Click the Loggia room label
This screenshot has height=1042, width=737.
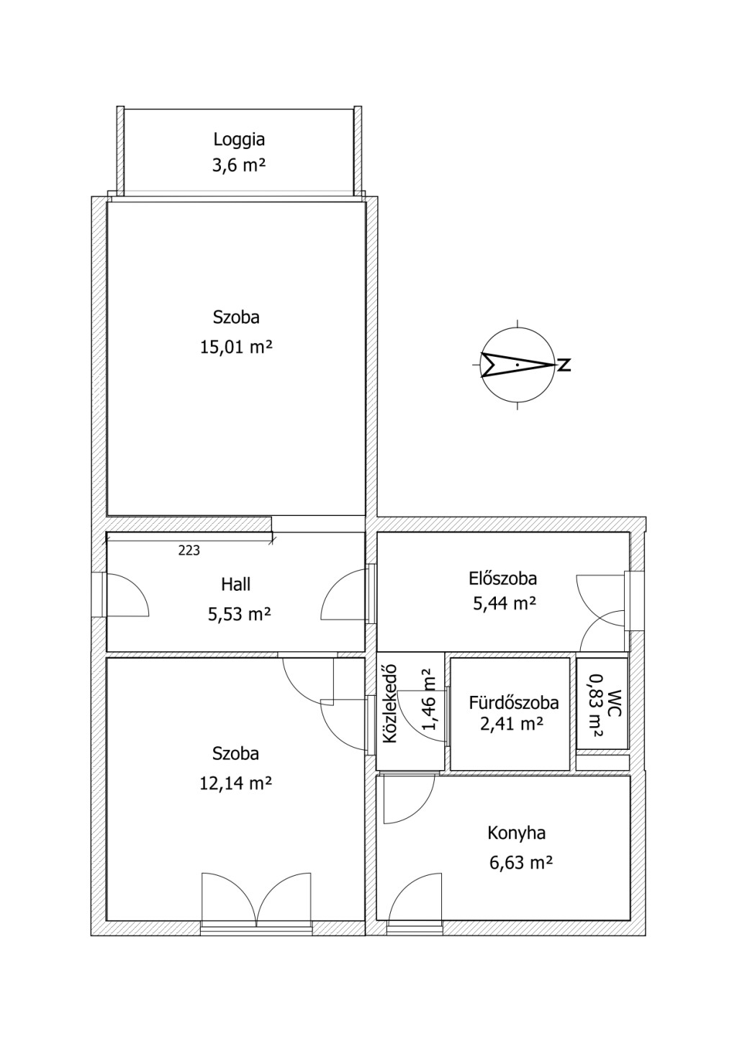click(239, 140)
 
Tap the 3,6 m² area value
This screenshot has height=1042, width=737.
click(239, 165)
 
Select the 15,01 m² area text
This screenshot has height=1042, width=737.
click(236, 347)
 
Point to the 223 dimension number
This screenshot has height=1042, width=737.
click(189, 551)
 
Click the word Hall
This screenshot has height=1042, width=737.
click(236, 584)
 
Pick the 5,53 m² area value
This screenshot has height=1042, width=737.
click(239, 615)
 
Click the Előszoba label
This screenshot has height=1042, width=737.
click(502, 579)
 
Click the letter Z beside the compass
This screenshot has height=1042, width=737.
click(564, 365)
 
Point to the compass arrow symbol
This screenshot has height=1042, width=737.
click(517, 365)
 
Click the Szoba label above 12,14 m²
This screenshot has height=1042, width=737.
click(235, 753)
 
